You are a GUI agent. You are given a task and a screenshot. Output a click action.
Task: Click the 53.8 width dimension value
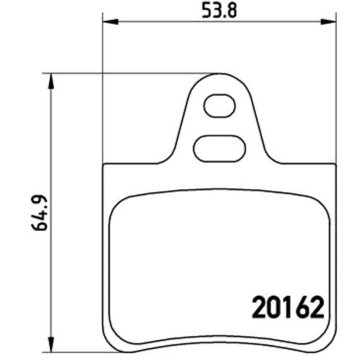(x=219, y=10)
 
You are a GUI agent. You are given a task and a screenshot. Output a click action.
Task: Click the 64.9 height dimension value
(x=39, y=213)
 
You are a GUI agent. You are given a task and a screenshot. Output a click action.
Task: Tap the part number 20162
(x=287, y=307)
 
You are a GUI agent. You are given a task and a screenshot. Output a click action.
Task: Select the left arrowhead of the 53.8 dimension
(x=110, y=22)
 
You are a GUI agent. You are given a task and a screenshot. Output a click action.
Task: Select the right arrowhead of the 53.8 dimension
(x=328, y=22)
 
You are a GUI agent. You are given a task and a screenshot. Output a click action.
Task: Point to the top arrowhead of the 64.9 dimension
(x=51, y=81)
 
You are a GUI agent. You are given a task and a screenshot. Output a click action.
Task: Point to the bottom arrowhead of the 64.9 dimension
(x=51, y=344)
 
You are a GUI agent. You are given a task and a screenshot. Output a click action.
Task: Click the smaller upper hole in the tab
(x=220, y=106)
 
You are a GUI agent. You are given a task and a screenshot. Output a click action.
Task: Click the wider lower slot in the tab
(x=219, y=149)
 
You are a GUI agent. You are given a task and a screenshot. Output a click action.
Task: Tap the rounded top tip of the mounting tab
(x=219, y=74)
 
